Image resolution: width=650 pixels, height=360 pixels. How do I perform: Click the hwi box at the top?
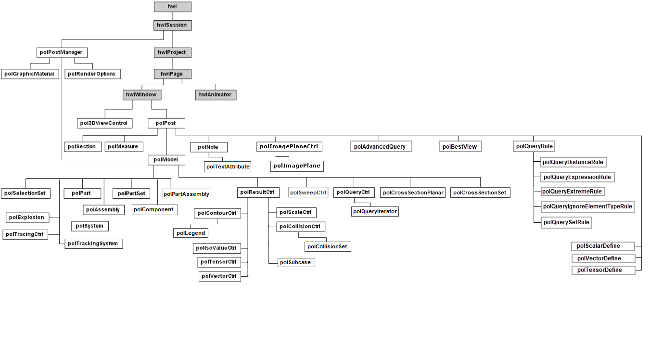pyautogui.click(x=172, y=7)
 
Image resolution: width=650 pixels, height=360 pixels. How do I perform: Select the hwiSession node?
pyautogui.click(x=172, y=25)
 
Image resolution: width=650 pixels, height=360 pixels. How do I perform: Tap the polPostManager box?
pyautogui.click(x=62, y=52)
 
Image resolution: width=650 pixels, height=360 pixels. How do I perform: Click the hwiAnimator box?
pyautogui.click(x=216, y=95)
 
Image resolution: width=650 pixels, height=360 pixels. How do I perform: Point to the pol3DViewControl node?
pyautogui.click(x=104, y=123)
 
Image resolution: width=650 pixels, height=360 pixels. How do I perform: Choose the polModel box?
pyautogui.click(x=166, y=160)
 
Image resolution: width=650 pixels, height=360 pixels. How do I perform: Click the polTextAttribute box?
pyautogui.click(x=228, y=167)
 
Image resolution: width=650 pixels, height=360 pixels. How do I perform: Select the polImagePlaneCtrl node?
pyautogui.click(x=289, y=147)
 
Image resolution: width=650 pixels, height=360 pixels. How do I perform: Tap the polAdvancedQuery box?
pyautogui.click(x=381, y=147)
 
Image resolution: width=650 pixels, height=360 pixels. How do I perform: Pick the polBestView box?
pyautogui.click(x=460, y=147)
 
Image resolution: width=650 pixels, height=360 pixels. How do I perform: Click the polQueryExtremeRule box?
pyautogui.click(x=572, y=192)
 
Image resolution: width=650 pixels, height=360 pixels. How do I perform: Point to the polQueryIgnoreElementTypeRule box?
pyautogui.click(x=587, y=206)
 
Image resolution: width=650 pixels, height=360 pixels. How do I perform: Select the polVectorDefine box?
pyautogui.click(x=603, y=258)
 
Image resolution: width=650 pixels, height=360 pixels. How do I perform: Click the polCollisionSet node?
pyautogui.click(x=328, y=247)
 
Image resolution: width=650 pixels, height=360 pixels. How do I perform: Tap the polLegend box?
pyautogui.click(x=191, y=233)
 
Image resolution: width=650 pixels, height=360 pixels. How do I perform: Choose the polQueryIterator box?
pyautogui.click(x=375, y=211)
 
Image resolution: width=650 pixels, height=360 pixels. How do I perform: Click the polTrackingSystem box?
pyautogui.click(x=93, y=244)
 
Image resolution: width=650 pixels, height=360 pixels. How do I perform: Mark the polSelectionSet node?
pyautogui.click(x=25, y=193)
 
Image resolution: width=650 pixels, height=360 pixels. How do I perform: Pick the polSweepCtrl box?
pyautogui.click(x=308, y=192)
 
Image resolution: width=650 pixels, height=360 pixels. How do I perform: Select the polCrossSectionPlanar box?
pyautogui.click(x=413, y=193)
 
